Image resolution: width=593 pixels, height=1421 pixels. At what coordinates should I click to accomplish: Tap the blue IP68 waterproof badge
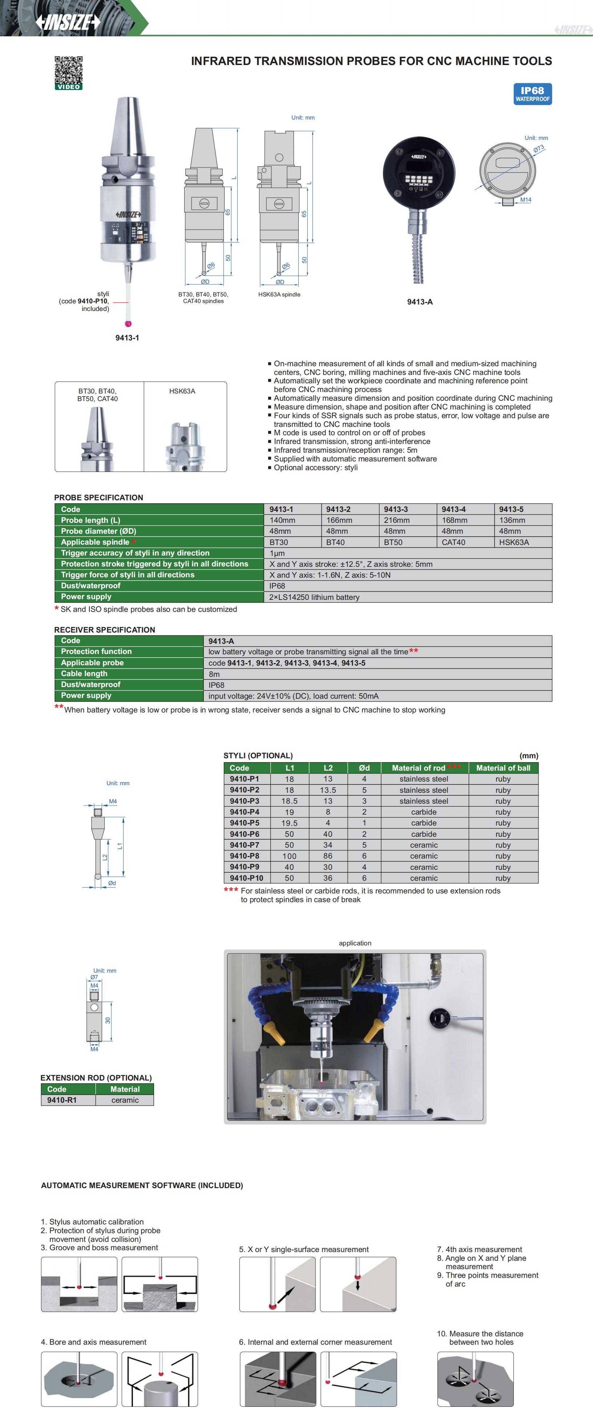(532, 94)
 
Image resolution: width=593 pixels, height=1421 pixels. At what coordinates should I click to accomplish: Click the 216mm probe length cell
(397, 520)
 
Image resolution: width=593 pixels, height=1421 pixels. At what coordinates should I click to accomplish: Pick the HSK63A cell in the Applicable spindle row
(514, 542)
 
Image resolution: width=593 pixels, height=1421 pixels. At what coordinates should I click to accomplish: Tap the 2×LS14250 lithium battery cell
(314, 597)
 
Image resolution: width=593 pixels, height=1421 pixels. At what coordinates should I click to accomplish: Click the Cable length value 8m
(214, 674)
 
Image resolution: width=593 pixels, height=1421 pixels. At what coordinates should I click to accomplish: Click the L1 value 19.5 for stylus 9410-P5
(290, 823)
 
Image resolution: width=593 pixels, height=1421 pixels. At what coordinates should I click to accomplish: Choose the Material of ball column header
(503, 768)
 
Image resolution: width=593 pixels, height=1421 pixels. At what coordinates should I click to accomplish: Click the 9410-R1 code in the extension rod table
(62, 1100)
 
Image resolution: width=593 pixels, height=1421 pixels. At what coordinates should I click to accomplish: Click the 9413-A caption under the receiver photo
(420, 302)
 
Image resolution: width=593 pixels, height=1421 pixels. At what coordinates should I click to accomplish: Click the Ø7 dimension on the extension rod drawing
(94, 977)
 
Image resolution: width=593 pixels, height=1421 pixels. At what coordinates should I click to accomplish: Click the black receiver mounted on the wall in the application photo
(440, 1016)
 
